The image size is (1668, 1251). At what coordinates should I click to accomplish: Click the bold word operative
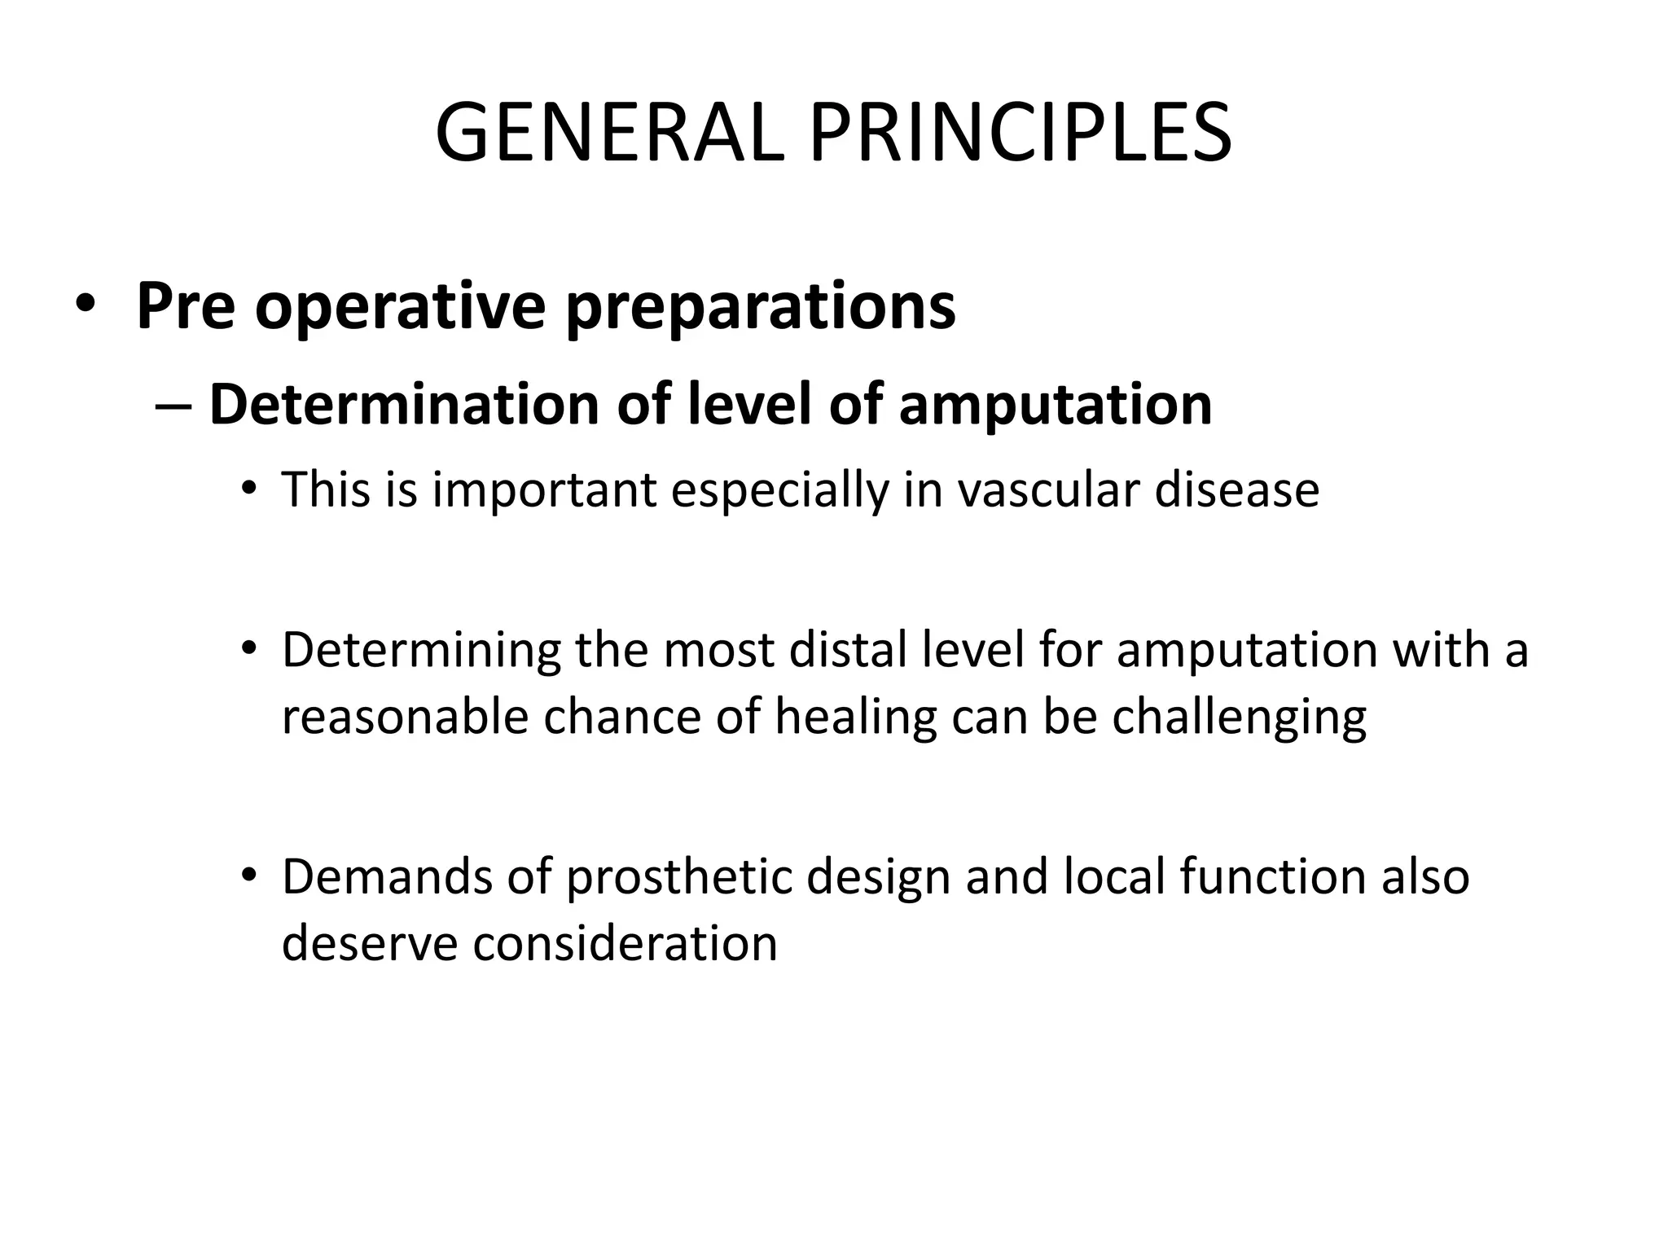400,307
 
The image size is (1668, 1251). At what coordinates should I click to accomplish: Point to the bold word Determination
403,404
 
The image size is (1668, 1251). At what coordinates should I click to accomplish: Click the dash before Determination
172,406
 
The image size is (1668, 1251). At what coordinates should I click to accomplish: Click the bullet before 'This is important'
249,489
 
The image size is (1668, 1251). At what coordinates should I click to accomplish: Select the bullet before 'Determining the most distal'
249,650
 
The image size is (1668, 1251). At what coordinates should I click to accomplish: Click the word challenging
1239,718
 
